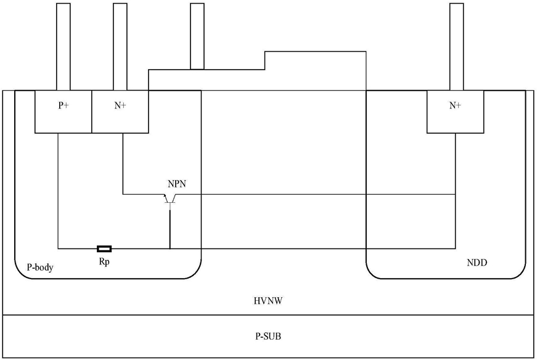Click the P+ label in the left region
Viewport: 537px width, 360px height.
point(64,105)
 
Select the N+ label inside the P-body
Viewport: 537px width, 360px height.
point(120,105)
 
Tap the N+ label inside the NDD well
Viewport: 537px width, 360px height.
point(455,105)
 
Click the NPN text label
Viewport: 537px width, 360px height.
point(177,184)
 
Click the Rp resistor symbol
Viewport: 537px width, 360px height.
point(104,248)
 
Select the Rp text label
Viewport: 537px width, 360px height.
point(104,262)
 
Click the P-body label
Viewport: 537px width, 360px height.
point(40,267)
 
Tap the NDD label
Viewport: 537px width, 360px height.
point(477,263)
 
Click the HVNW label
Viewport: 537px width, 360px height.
point(268,301)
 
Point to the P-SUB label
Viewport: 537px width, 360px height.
point(268,337)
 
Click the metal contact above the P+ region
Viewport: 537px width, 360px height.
point(64,47)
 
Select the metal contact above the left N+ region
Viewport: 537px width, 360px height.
point(120,47)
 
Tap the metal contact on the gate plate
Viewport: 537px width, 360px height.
point(197,36)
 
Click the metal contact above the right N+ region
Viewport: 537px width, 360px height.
point(456,47)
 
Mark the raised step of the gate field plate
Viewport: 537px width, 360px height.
point(316,52)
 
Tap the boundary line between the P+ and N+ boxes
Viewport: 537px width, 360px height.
point(92,112)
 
